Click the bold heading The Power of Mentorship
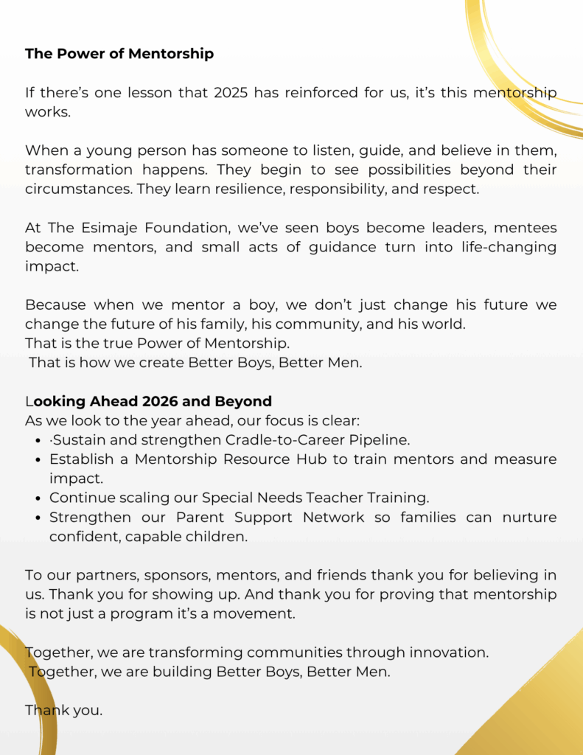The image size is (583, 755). pyautogui.click(x=119, y=54)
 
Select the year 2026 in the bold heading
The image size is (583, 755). pyautogui.click(x=164, y=402)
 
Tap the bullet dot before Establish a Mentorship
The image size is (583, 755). pyautogui.click(x=38, y=459)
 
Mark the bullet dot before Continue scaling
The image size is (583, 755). pyautogui.click(x=38, y=498)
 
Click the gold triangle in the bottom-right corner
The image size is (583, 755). pyautogui.click(x=538, y=708)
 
